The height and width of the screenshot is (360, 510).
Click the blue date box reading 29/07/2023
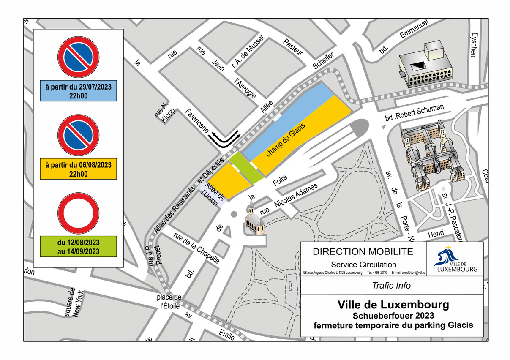coord(78,91)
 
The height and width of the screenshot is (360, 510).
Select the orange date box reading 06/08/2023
coord(78,169)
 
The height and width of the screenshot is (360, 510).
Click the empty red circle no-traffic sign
coord(78,213)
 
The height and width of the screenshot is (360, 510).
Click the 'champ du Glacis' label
coord(286,139)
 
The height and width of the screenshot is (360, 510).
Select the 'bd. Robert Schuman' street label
coord(414,113)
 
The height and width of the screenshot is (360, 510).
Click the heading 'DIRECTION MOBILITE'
coord(363,252)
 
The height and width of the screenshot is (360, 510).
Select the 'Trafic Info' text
coord(391,286)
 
